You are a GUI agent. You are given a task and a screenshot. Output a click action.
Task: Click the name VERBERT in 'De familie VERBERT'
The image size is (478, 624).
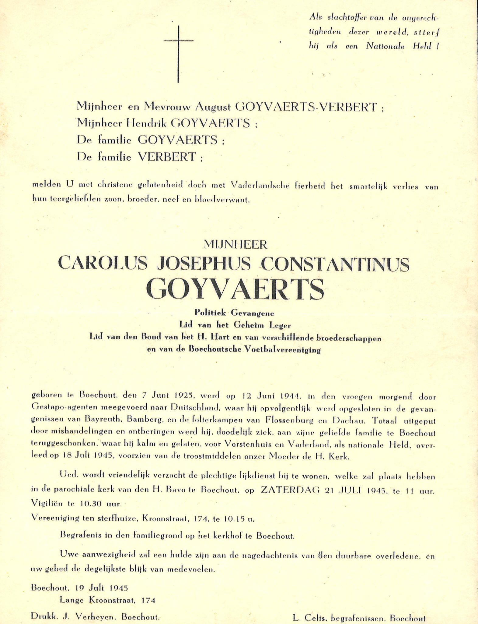click(x=167, y=157)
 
